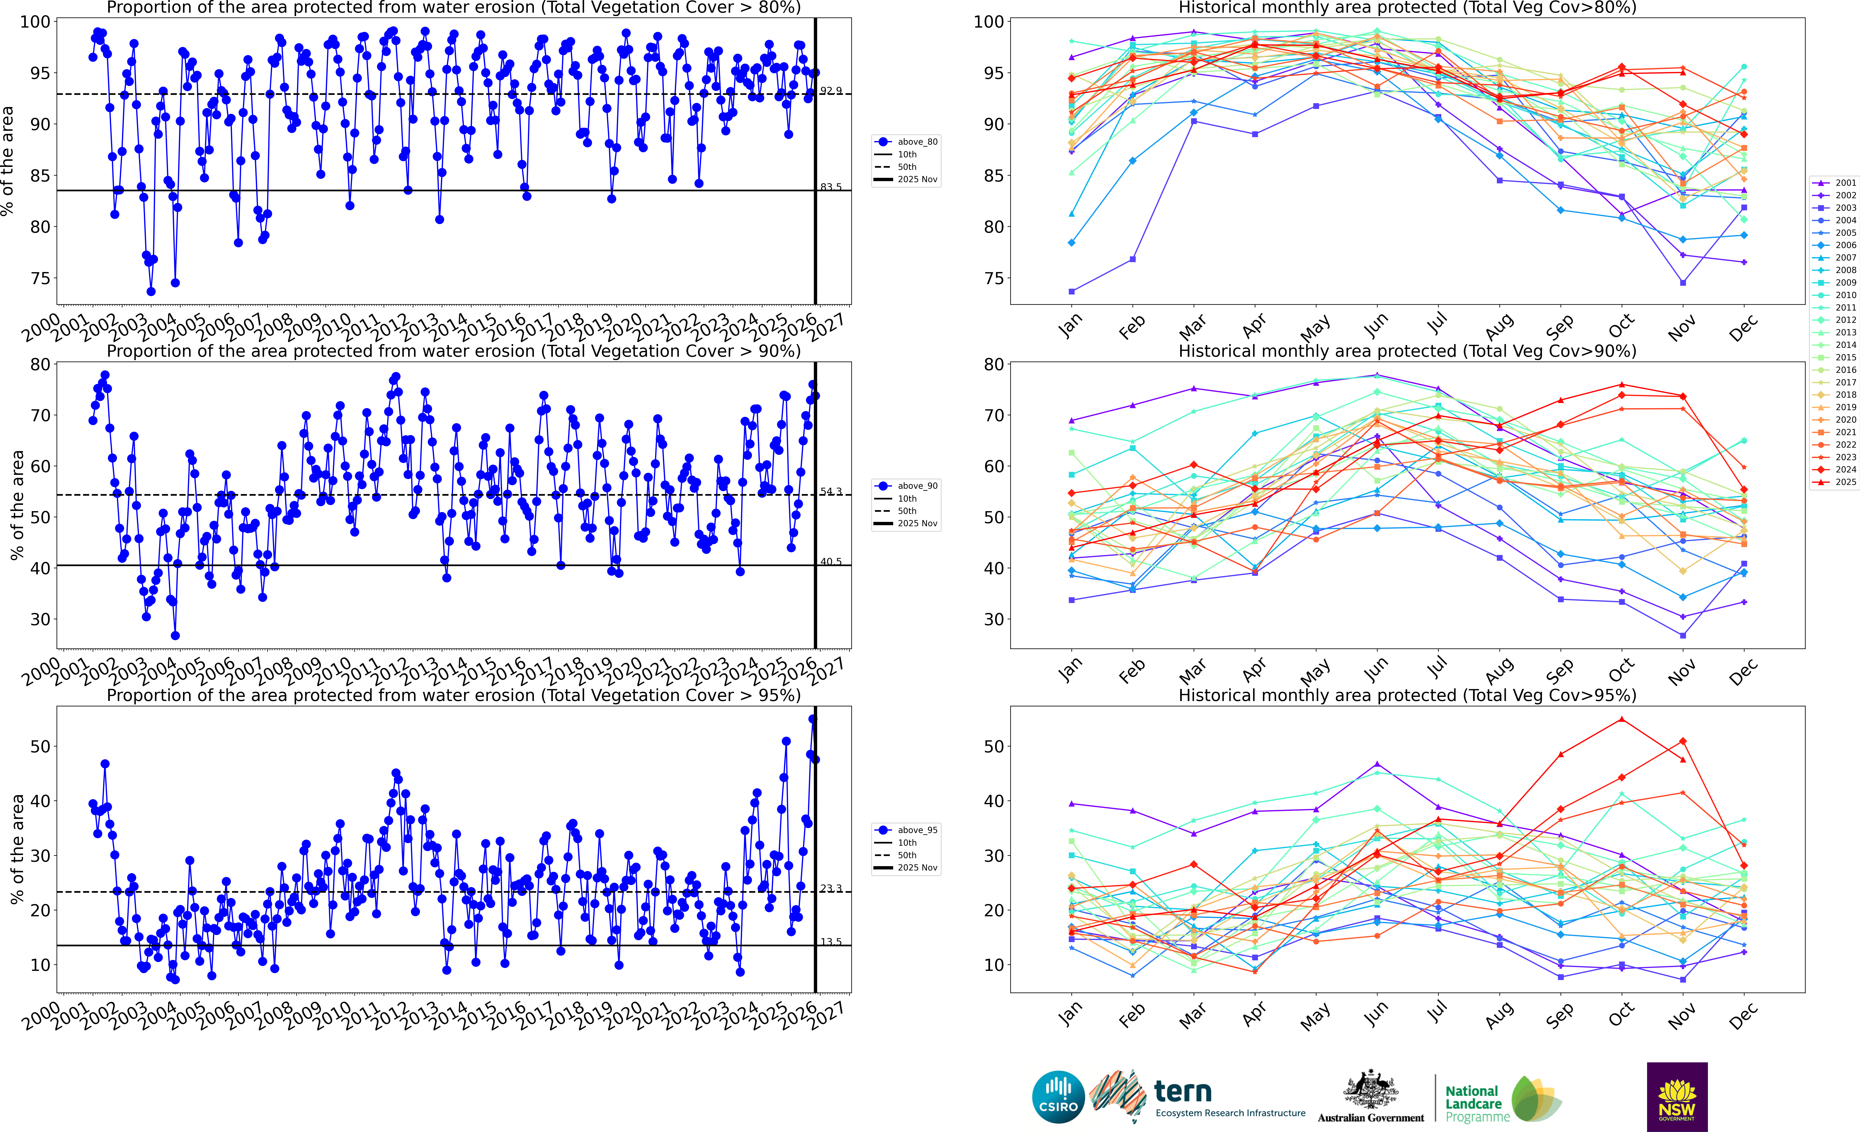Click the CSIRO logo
tap(1058, 1096)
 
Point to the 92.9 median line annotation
tap(830, 90)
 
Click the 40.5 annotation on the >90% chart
tap(830, 562)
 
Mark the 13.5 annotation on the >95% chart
tap(830, 942)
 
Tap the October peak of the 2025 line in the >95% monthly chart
tap(1621, 719)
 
